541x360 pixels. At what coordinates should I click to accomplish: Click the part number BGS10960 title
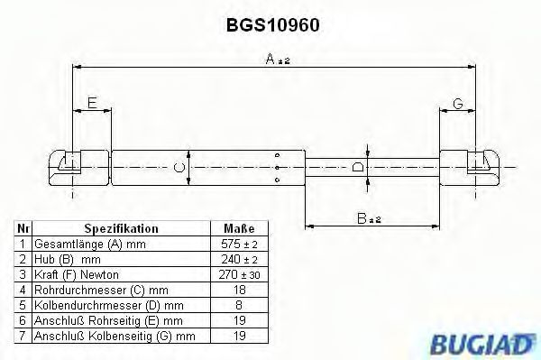click(x=272, y=25)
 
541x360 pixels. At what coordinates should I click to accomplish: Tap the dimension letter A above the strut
click(x=270, y=59)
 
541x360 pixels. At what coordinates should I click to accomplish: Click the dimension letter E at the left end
click(x=92, y=103)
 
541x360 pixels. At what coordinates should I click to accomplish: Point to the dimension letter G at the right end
click(x=457, y=103)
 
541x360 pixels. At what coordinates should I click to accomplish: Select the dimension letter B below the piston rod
click(x=362, y=218)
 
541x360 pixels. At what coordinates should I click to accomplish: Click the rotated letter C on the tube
click(x=179, y=168)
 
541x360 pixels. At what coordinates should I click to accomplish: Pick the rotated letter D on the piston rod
click(x=358, y=167)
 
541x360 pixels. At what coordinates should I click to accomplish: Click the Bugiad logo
click(x=481, y=344)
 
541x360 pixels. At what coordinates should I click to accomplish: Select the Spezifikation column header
click(x=121, y=228)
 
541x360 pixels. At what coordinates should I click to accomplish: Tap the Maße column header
click(x=239, y=228)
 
